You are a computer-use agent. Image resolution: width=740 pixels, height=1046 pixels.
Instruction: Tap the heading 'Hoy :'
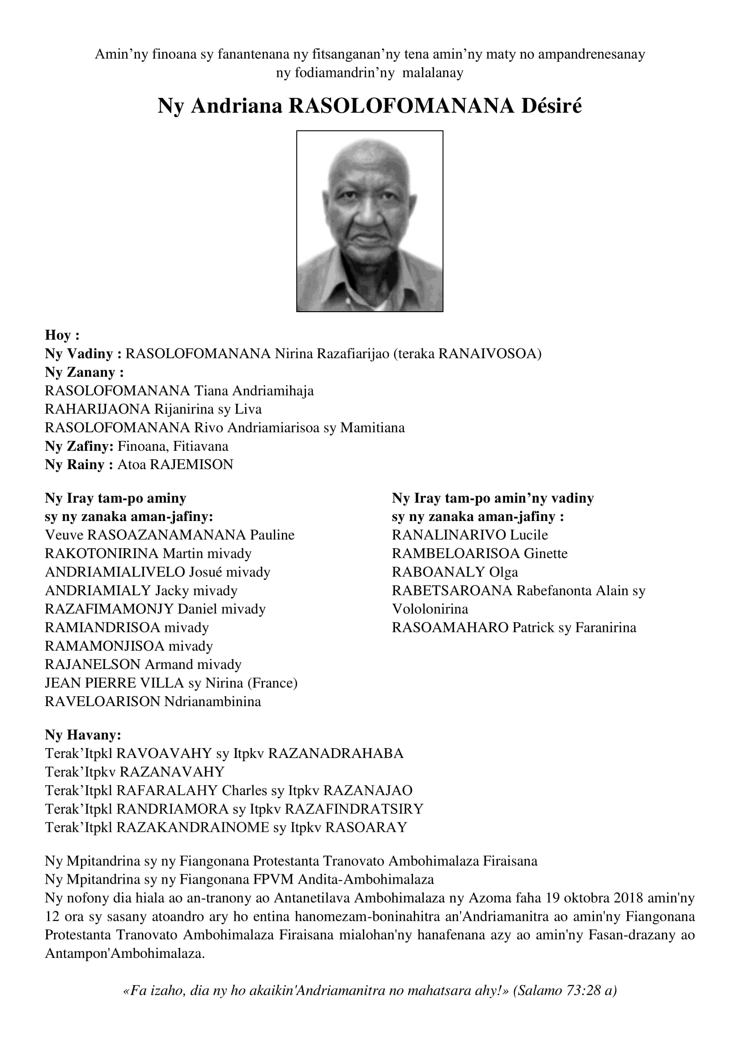tap(63, 335)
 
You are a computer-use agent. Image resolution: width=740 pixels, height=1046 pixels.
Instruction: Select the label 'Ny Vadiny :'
tap(83, 354)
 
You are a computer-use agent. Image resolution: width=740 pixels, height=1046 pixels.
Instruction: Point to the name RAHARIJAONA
tap(98, 409)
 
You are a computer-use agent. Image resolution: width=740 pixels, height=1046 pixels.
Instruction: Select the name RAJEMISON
tap(191, 465)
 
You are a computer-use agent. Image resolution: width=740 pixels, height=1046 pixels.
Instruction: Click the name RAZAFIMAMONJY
tap(109, 609)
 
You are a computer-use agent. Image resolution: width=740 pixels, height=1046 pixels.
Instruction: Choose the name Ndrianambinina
tap(213, 702)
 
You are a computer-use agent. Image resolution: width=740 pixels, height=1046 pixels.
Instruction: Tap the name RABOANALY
tap(438, 572)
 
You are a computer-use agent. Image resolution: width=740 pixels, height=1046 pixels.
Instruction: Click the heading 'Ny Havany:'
tap(83, 735)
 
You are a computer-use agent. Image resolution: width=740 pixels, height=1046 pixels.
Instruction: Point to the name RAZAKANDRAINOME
tap(193, 827)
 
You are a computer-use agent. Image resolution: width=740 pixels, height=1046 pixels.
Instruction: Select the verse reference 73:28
tap(583, 991)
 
